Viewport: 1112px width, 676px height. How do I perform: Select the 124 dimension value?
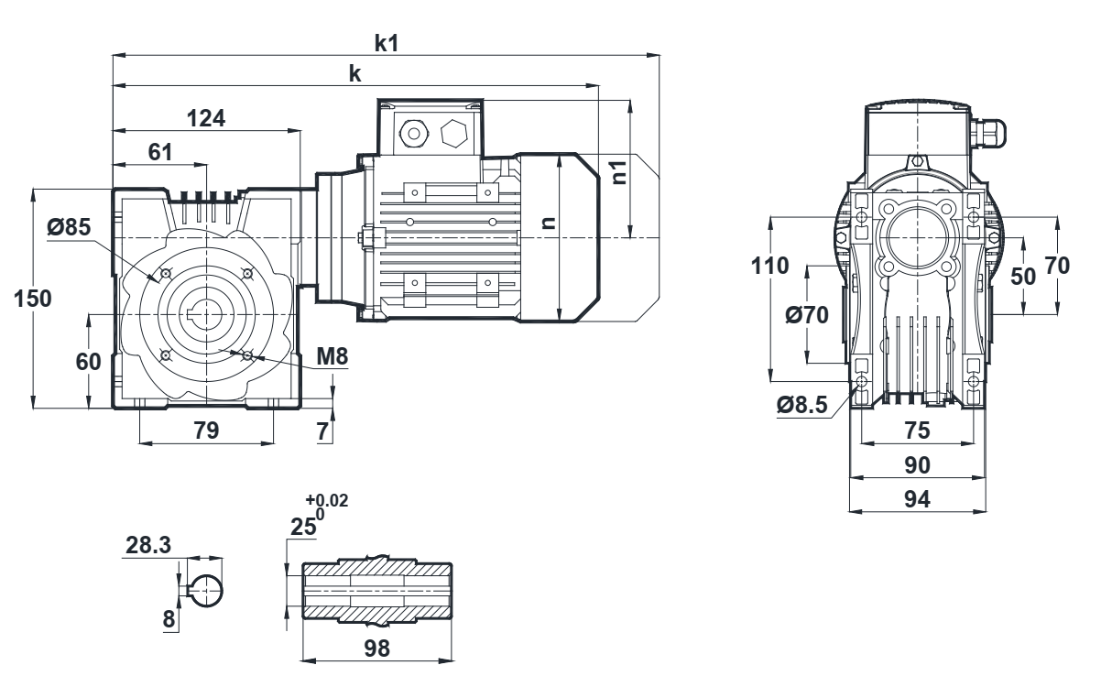click(206, 118)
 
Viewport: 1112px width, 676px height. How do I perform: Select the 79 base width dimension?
click(206, 431)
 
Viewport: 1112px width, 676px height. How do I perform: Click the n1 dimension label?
click(619, 172)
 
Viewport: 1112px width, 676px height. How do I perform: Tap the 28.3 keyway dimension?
click(147, 546)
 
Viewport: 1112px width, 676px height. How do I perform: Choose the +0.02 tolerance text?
click(327, 499)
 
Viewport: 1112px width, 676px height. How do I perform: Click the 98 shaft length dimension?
click(376, 648)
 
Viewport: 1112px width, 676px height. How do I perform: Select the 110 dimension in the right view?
click(769, 267)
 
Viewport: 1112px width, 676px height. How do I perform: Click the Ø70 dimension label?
click(807, 315)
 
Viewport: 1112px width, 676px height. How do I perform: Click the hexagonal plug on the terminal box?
click(454, 135)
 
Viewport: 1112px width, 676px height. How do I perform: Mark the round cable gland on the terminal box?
click(412, 135)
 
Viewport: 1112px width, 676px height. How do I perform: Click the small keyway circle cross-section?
click(206, 590)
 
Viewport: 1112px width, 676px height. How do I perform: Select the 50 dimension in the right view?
click(1024, 275)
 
